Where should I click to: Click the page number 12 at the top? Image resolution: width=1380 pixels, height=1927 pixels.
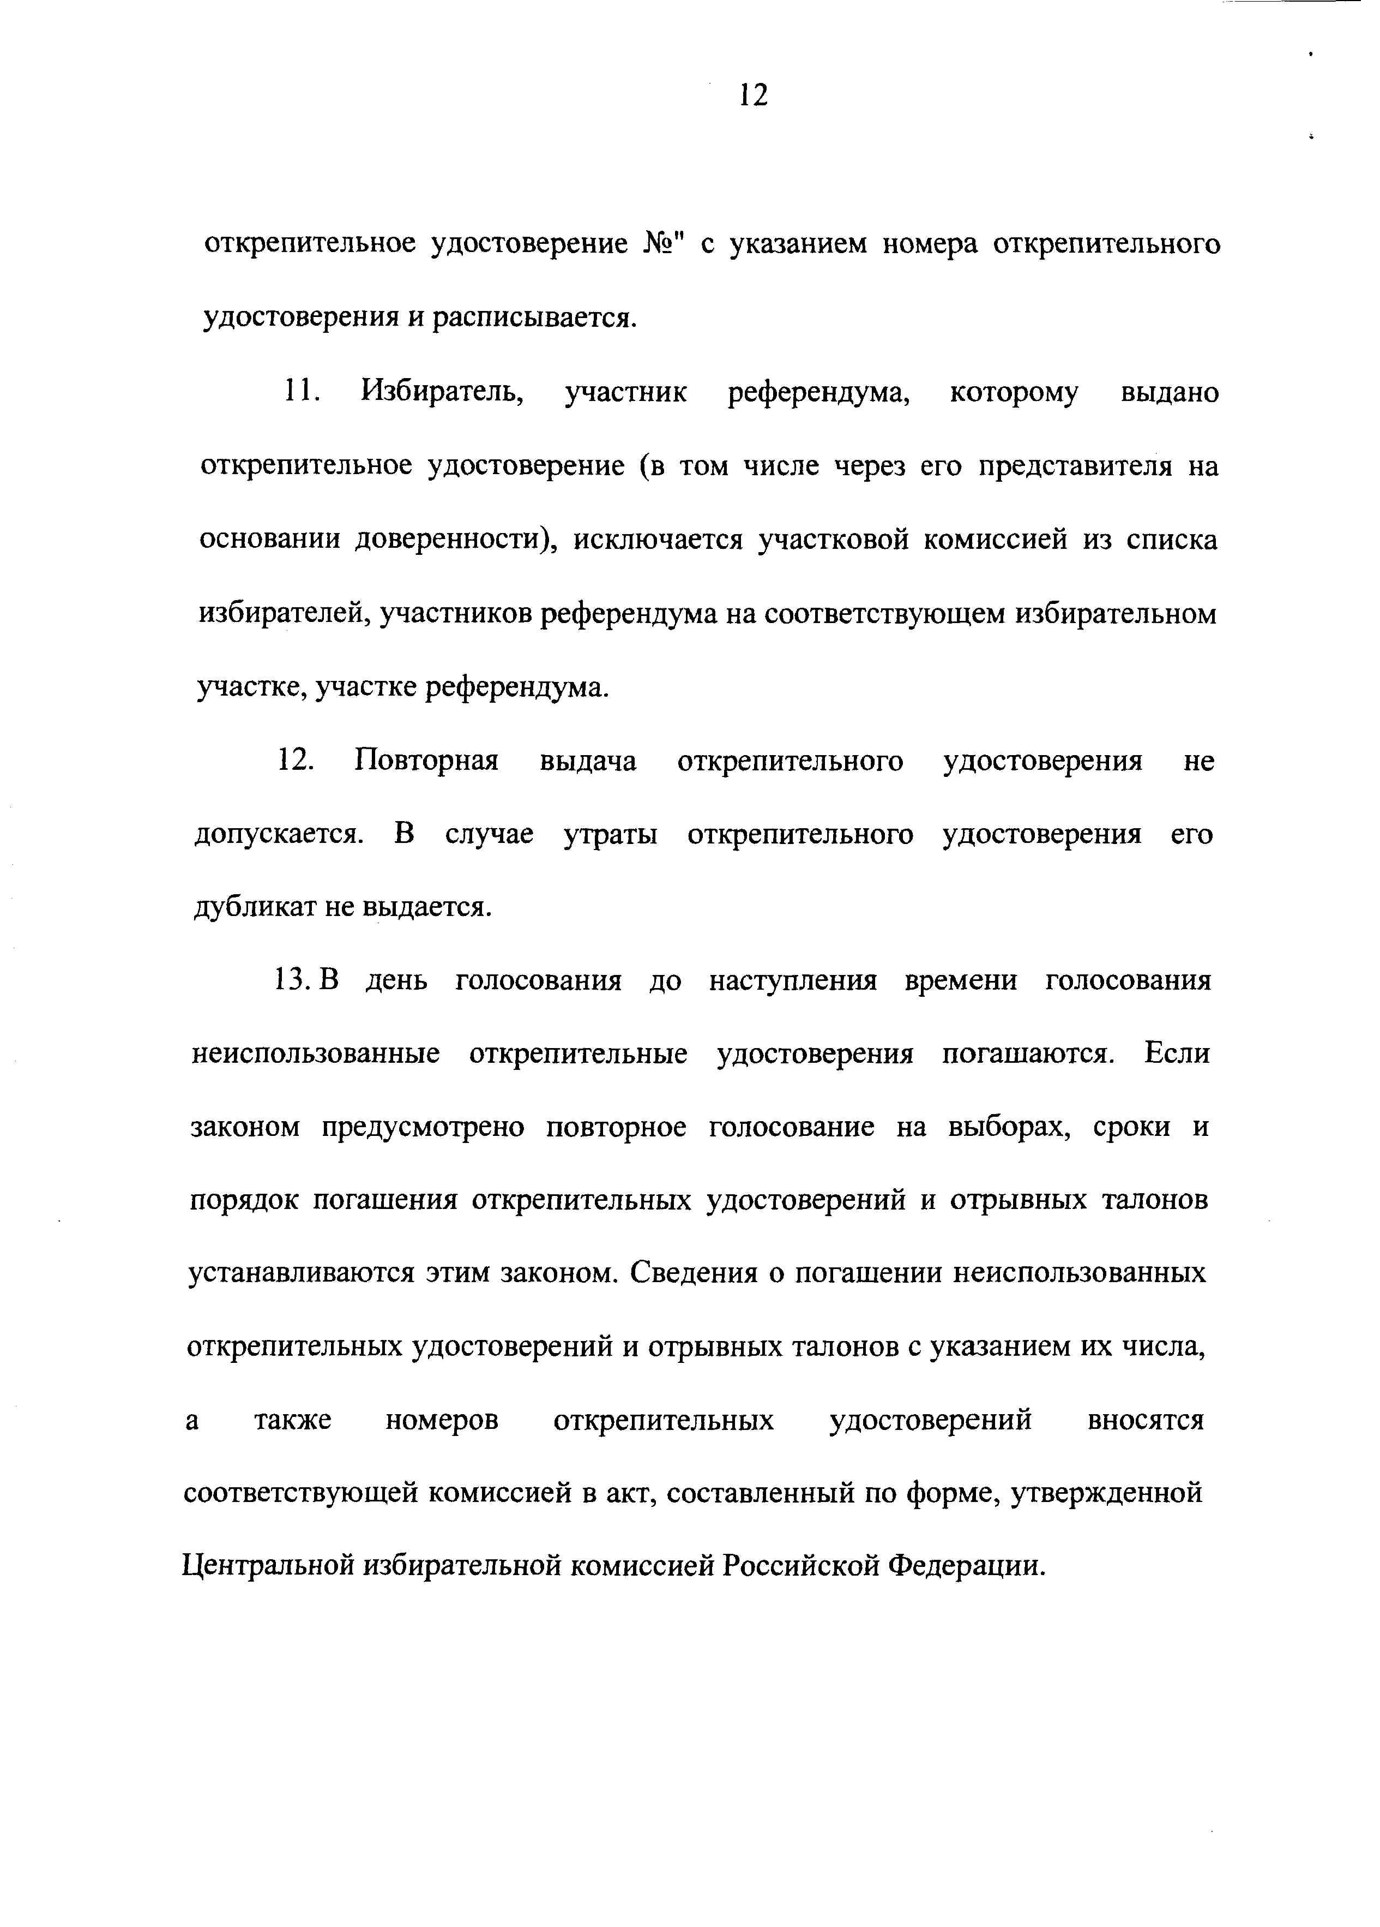coord(754,94)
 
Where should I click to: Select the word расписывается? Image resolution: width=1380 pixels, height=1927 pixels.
coord(533,319)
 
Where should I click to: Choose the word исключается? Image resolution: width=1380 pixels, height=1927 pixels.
coord(658,540)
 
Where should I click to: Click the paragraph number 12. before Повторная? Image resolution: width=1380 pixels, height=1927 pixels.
coord(294,761)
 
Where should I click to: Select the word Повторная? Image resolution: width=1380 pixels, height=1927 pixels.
coord(426,761)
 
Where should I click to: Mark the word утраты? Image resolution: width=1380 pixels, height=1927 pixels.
coord(610,834)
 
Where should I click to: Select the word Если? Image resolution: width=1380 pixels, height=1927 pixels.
coord(1176,1054)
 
